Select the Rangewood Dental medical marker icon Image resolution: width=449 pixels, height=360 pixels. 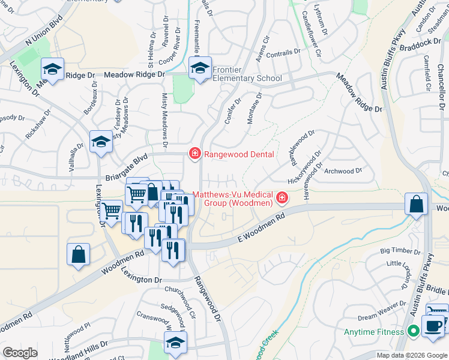pyautogui.click(x=194, y=154)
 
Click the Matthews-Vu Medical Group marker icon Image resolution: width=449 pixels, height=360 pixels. pyautogui.click(x=282, y=197)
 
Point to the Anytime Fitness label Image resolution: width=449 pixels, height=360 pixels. pyautogui.click(x=376, y=332)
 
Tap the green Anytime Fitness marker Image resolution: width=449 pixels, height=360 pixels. pyautogui.click(x=413, y=331)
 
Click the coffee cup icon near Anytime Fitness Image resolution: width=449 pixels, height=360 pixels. pyautogui.click(x=432, y=326)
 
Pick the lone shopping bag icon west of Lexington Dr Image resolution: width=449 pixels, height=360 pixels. pyautogui.click(x=79, y=254)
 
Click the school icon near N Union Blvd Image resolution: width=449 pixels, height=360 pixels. pyautogui.click(x=52, y=69)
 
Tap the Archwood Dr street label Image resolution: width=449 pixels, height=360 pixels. pyautogui.click(x=343, y=171)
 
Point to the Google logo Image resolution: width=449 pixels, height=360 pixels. pyautogui.click(x=20, y=353)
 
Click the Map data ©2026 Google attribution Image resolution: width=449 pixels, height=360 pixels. pyautogui.click(x=411, y=355)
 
